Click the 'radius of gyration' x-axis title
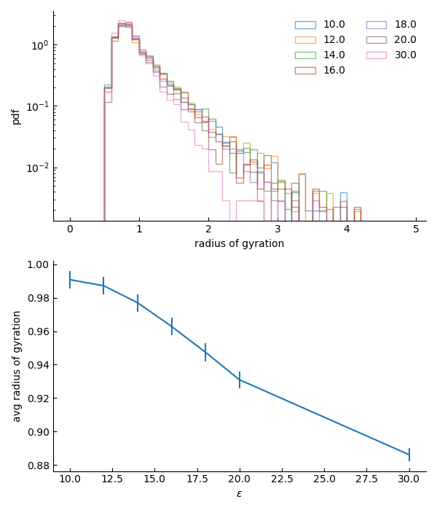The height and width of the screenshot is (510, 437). pos(239,244)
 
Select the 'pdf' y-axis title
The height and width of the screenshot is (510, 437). pos(16,117)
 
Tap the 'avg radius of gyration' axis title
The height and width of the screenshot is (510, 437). pos(17,366)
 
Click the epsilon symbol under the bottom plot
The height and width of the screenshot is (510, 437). pos(239,494)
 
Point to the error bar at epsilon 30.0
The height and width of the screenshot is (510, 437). pos(409,455)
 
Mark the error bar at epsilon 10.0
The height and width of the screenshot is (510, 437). pos(70,280)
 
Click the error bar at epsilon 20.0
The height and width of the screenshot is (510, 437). pos(240,380)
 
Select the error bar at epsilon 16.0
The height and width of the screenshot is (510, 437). pos(172,326)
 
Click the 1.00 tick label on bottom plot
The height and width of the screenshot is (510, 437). pos(37,265)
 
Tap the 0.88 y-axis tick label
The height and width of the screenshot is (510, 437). pos(37,466)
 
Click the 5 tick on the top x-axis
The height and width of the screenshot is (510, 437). pos(417,229)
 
